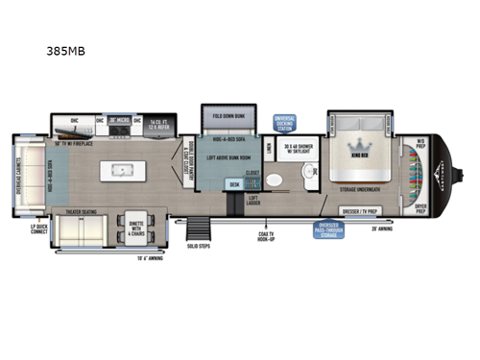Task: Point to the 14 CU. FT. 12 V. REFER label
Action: pyautogui.click(x=159, y=123)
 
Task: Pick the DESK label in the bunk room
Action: pyautogui.click(x=232, y=182)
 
